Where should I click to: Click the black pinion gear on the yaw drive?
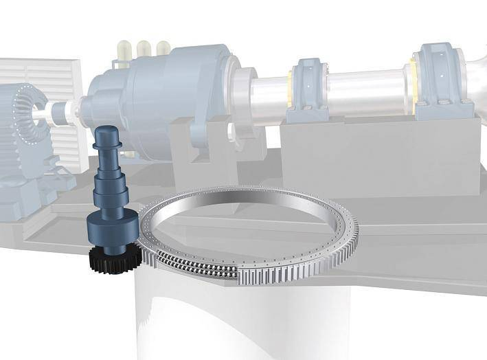(x=114, y=260)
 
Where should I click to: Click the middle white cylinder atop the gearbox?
(x=144, y=48)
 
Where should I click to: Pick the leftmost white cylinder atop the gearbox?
(x=124, y=49)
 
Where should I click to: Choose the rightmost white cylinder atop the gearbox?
(x=163, y=48)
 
